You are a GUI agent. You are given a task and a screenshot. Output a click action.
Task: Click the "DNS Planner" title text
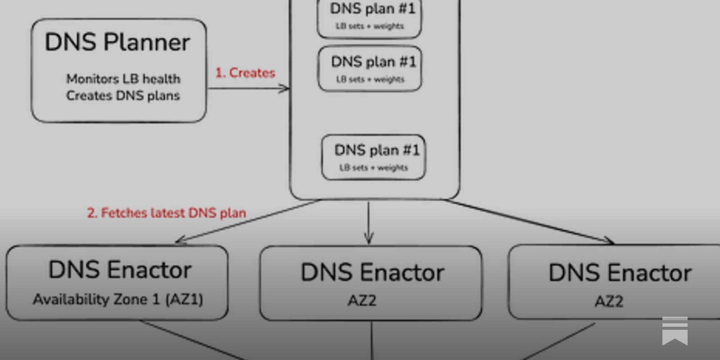(117, 42)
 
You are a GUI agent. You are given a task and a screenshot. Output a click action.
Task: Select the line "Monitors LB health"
(123, 79)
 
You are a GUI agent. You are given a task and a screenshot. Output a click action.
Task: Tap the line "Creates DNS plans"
(123, 95)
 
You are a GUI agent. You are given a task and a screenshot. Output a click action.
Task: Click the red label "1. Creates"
(245, 73)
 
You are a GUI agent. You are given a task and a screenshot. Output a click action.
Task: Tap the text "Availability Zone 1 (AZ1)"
(118, 299)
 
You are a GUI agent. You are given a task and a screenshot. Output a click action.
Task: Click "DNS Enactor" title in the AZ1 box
(120, 270)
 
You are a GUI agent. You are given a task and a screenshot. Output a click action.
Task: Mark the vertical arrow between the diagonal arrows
(369, 223)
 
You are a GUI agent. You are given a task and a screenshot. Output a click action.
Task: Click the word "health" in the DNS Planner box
(162, 79)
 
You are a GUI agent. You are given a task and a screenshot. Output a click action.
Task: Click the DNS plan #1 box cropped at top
(369, 18)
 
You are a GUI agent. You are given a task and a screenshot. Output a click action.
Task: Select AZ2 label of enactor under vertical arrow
(362, 300)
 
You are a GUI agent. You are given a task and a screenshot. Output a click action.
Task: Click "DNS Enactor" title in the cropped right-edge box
(620, 273)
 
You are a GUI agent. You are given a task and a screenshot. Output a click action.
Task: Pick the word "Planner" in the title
(147, 42)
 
